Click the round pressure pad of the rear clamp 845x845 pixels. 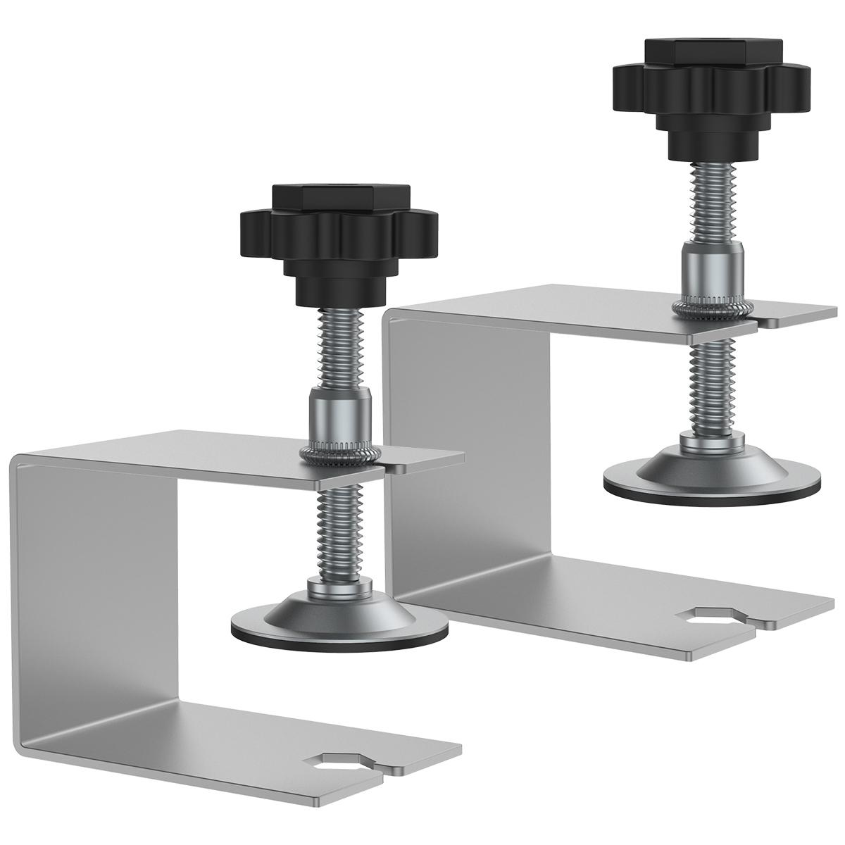click(x=711, y=479)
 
